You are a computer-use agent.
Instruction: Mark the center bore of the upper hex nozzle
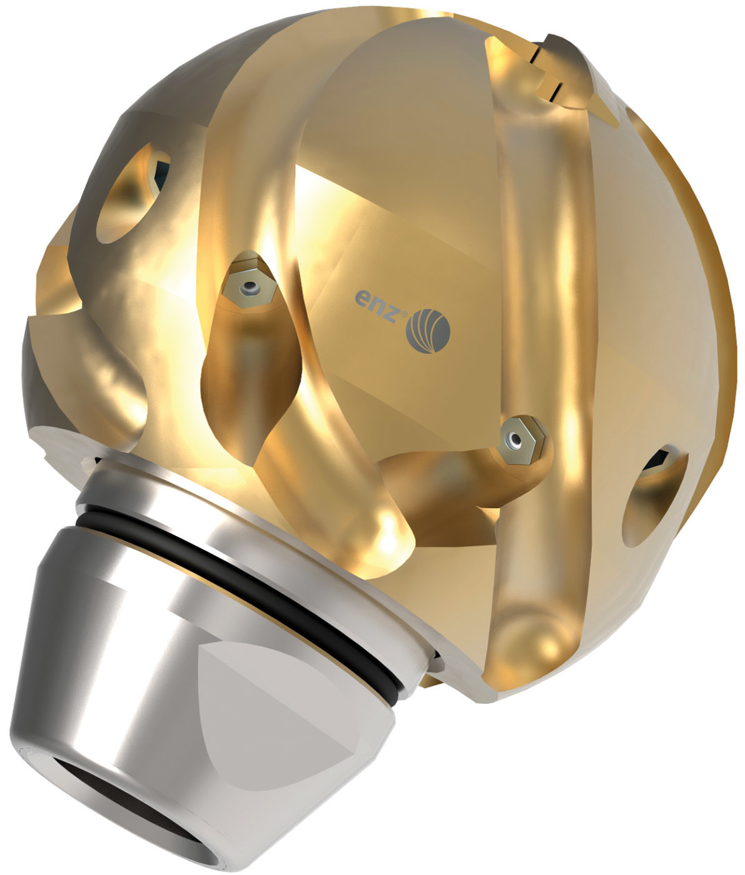click(251, 287)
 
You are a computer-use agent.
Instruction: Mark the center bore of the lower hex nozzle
click(515, 440)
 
